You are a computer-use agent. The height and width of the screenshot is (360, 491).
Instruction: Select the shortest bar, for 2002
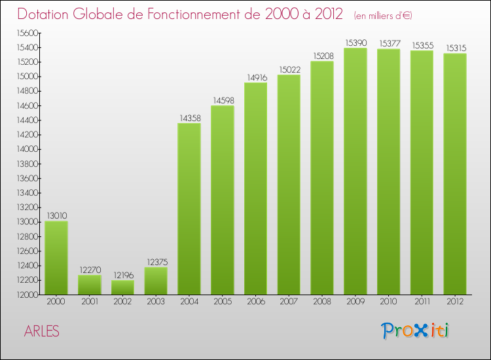tap(122, 287)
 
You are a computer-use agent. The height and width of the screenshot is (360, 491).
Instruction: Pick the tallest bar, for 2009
tap(355, 171)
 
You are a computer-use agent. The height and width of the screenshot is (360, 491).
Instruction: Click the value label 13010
tap(56, 215)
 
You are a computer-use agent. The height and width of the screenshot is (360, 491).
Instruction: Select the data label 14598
tap(223, 101)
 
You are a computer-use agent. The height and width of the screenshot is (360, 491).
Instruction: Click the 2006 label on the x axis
tap(255, 302)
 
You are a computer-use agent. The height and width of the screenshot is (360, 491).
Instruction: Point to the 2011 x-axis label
tap(422, 302)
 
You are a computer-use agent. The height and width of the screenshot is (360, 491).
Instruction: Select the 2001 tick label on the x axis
tap(90, 302)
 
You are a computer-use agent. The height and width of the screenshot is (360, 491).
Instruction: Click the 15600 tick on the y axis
tap(27, 33)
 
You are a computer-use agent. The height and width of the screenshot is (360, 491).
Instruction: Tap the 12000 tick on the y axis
tap(27, 295)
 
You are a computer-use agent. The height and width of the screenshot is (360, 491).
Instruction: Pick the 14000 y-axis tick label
tap(27, 149)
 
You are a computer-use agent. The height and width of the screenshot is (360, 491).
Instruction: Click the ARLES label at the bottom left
tap(41, 332)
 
